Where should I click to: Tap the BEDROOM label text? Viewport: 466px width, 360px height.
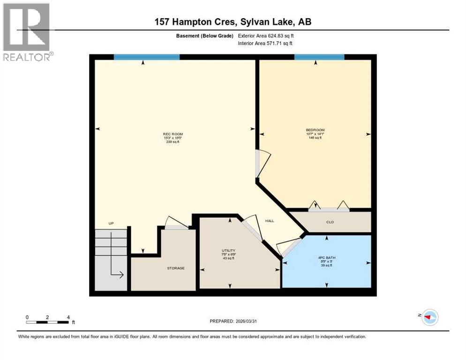click(x=315, y=130)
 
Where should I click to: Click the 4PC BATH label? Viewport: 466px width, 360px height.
click(x=327, y=257)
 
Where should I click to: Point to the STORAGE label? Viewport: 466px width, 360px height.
click(x=176, y=268)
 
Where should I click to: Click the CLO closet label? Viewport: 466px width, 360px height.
click(x=330, y=222)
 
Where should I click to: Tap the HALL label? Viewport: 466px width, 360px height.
click(x=269, y=221)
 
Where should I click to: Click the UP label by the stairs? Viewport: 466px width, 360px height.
click(x=111, y=223)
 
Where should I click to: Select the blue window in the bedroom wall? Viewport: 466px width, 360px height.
click(x=319, y=57)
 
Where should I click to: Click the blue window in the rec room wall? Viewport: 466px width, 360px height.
click(x=147, y=57)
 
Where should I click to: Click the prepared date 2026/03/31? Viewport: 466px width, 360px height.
click(x=233, y=321)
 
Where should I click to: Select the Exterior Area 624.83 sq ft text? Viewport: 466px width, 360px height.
click(x=266, y=36)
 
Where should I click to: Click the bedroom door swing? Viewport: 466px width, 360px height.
click(x=263, y=164)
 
